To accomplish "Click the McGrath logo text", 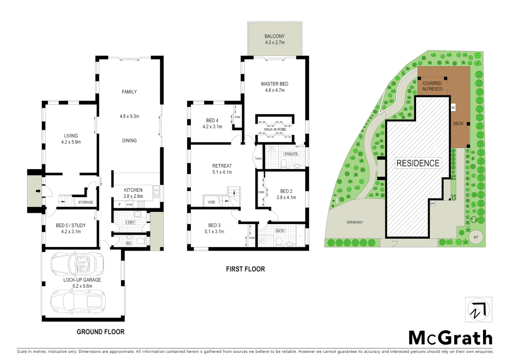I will click(x=450, y=338).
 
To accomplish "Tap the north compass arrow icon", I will click(x=478, y=310).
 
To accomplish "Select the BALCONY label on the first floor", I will click(x=274, y=36).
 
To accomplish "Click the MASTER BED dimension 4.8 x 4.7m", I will click(x=274, y=90).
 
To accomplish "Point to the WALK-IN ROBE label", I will click(x=275, y=129).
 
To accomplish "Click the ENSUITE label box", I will click(x=291, y=154).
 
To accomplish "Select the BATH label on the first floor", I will click(x=280, y=231).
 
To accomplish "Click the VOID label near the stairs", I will click(x=211, y=202).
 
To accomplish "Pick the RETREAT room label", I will click(x=222, y=166).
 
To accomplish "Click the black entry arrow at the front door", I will click(x=38, y=191).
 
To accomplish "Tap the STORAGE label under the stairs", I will click(x=86, y=202).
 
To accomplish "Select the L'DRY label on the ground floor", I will click(x=130, y=222).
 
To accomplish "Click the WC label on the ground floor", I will click(x=129, y=243).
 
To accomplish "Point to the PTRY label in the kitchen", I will click(x=130, y=205).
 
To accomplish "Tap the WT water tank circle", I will click(x=476, y=237).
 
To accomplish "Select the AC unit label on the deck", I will click(x=453, y=108).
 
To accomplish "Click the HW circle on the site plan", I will click(x=433, y=203).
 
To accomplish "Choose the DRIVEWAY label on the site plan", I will click(x=354, y=222).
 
